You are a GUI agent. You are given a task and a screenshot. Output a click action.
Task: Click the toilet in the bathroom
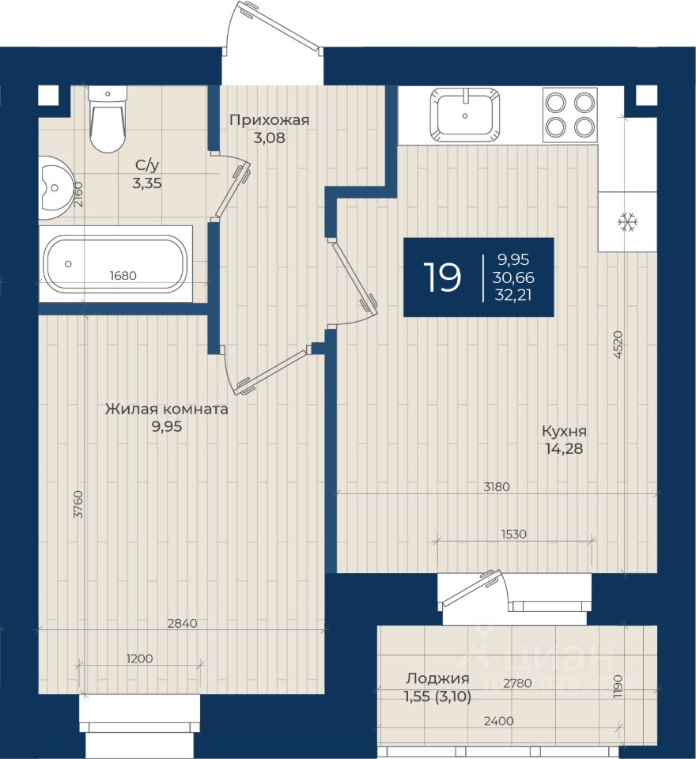[x=108, y=119]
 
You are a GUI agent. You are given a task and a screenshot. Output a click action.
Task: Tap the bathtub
[x=115, y=264]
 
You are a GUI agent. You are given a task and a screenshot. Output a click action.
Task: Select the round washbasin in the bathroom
[x=55, y=188]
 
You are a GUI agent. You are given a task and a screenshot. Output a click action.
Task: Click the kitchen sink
[x=465, y=115]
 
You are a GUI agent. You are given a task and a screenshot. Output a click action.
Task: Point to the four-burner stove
[x=570, y=115]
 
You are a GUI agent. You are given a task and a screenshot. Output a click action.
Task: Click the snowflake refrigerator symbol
[x=628, y=222]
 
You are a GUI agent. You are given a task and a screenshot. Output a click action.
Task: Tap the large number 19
[x=441, y=278]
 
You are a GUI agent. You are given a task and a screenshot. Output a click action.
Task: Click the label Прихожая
[x=269, y=120]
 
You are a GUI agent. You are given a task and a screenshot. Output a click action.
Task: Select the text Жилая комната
[x=167, y=409]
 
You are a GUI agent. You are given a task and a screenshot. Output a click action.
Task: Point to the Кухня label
[x=564, y=431]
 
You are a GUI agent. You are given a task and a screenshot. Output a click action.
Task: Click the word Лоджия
[x=437, y=678]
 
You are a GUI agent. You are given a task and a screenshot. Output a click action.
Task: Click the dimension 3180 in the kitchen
[x=497, y=486]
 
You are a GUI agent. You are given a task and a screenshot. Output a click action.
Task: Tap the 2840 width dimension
[x=182, y=623]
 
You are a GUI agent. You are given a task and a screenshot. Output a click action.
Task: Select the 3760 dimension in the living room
[x=78, y=504]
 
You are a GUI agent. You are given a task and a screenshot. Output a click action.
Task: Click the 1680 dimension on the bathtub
[x=123, y=275]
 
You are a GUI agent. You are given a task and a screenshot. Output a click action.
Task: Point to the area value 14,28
[x=564, y=449]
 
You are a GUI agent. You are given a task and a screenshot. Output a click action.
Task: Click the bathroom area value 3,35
[x=147, y=183]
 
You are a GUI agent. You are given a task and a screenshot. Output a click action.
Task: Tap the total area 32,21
[x=513, y=295]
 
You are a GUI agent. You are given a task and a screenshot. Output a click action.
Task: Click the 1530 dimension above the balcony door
[x=513, y=534]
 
